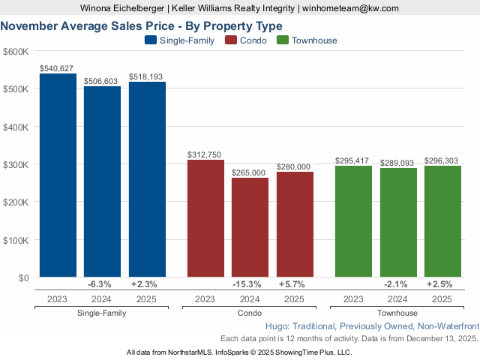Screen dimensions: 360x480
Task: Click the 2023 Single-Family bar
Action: (58, 175)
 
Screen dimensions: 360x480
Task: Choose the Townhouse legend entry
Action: (307, 40)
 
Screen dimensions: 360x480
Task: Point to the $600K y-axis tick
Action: (16, 51)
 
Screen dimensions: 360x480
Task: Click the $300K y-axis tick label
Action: (16, 164)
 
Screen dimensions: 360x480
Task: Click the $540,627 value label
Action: (57, 67)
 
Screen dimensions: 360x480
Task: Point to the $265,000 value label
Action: (250, 172)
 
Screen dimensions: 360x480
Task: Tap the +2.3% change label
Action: (143, 284)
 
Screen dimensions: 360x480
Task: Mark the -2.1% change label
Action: (395, 284)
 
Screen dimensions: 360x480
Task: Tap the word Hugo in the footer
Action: (278, 327)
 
